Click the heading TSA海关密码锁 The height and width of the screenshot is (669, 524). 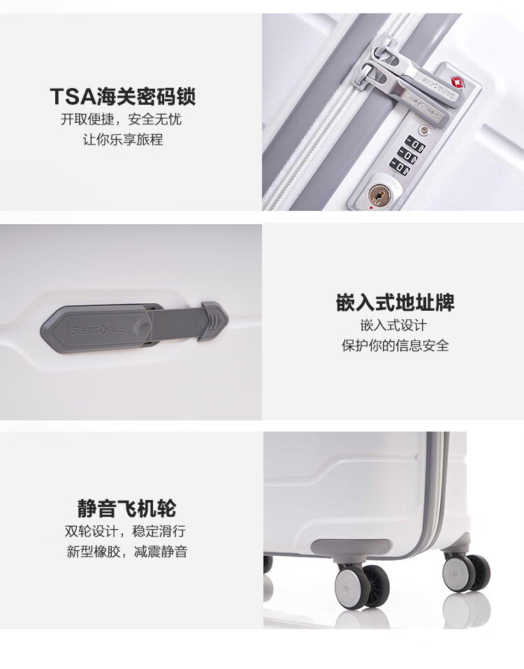(x=122, y=95)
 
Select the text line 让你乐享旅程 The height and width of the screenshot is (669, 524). (x=122, y=140)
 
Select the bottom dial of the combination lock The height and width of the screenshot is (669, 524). (x=400, y=166)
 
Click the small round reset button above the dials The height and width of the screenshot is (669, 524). (x=423, y=130)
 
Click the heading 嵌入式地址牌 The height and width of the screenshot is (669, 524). (x=395, y=303)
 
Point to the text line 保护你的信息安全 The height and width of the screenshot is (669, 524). (x=395, y=346)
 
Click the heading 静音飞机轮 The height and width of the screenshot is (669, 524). (x=126, y=508)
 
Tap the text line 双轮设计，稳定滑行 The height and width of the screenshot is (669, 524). (x=126, y=531)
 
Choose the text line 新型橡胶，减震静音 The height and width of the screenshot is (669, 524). (x=126, y=552)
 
